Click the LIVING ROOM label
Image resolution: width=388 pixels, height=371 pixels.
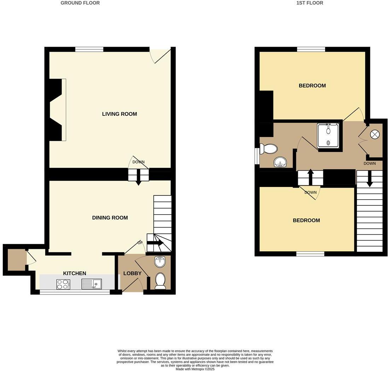[119, 114]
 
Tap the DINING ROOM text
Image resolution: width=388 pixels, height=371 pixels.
[110, 218]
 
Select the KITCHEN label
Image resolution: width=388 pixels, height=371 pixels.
[74, 273]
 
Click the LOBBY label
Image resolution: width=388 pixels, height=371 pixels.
[132, 273]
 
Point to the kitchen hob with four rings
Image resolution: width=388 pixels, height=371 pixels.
[63, 284]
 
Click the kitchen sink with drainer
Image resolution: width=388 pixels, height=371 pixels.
[92, 284]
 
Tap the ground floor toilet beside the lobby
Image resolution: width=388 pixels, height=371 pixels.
[160, 281]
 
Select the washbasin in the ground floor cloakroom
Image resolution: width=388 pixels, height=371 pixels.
[160, 262]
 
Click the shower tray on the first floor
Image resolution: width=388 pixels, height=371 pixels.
[328, 135]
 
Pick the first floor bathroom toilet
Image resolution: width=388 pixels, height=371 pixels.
[268, 149]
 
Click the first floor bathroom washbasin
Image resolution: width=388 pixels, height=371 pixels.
[280, 162]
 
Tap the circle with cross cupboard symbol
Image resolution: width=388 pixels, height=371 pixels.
[375, 135]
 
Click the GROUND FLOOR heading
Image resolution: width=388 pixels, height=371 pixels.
[80, 3]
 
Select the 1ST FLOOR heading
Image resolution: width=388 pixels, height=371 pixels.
[309, 3]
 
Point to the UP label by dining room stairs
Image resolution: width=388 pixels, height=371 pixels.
[140, 243]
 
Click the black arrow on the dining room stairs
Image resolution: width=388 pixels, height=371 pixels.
[155, 243]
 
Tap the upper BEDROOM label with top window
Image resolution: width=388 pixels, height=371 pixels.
[312, 86]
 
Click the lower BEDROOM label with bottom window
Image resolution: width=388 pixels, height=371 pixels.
[306, 220]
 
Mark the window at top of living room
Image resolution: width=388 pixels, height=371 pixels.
[89, 49]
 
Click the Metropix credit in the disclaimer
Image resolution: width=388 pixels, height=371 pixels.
[195, 369]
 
